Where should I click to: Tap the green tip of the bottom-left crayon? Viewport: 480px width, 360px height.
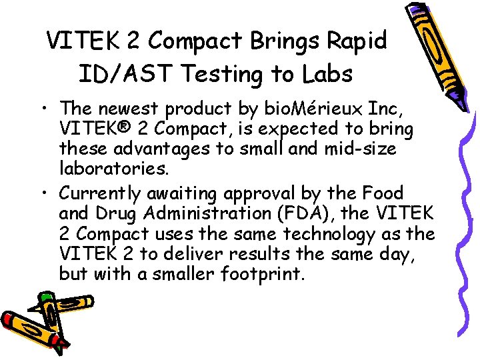click(x=45, y=299)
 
